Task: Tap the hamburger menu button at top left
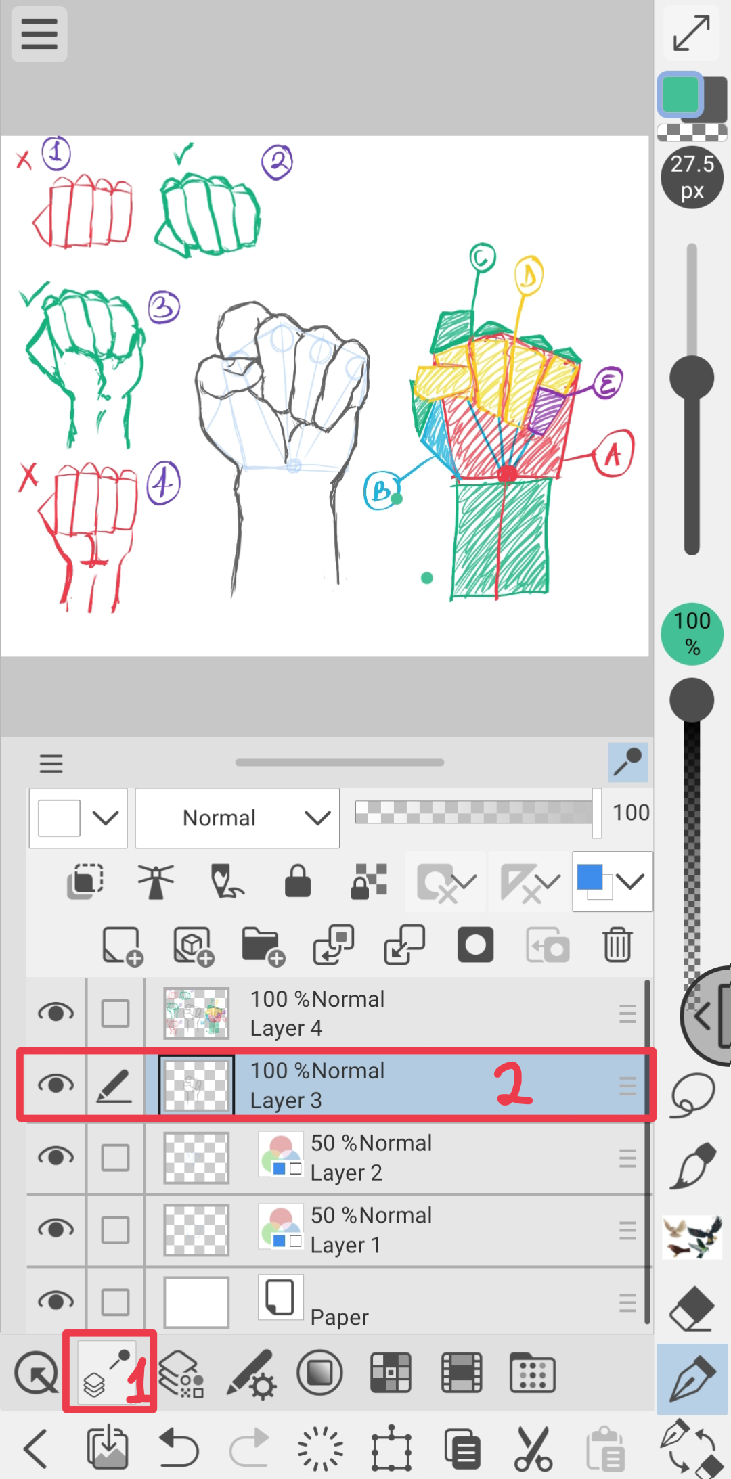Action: (39, 34)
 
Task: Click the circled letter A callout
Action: (613, 453)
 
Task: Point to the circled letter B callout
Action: (381, 490)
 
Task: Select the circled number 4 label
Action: (164, 483)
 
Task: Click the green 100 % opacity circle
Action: (692, 634)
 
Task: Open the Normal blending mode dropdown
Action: (237, 818)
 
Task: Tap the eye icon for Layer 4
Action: (56, 1013)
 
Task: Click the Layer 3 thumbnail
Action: (196, 1085)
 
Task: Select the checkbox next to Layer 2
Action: (115, 1158)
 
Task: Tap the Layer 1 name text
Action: (346, 1245)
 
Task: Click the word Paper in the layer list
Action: (340, 1317)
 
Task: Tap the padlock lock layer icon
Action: (298, 881)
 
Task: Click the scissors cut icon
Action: (533, 1449)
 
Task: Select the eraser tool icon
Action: (692, 1308)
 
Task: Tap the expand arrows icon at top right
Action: (692, 33)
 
